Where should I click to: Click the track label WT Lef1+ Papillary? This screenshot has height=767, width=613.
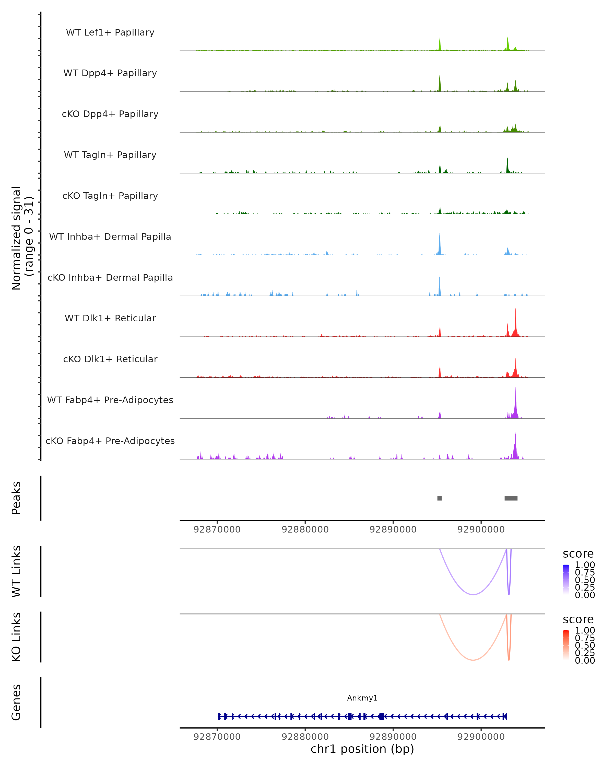click(x=110, y=32)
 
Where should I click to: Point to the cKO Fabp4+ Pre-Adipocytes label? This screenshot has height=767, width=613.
click(x=110, y=441)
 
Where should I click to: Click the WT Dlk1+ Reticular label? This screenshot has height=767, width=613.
click(x=110, y=318)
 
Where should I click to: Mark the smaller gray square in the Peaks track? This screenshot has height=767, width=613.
click(x=440, y=498)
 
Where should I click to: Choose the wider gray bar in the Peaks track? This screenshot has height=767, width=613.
click(x=511, y=498)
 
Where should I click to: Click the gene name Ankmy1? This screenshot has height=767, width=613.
click(x=362, y=698)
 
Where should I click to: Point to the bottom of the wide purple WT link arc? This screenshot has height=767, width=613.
click(x=473, y=594)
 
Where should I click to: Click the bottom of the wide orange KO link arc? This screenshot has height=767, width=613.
click(x=473, y=660)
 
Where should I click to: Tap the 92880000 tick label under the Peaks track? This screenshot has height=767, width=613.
click(x=305, y=529)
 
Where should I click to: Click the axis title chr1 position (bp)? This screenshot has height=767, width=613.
click(x=362, y=749)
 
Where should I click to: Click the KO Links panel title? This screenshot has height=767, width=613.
click(x=16, y=637)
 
